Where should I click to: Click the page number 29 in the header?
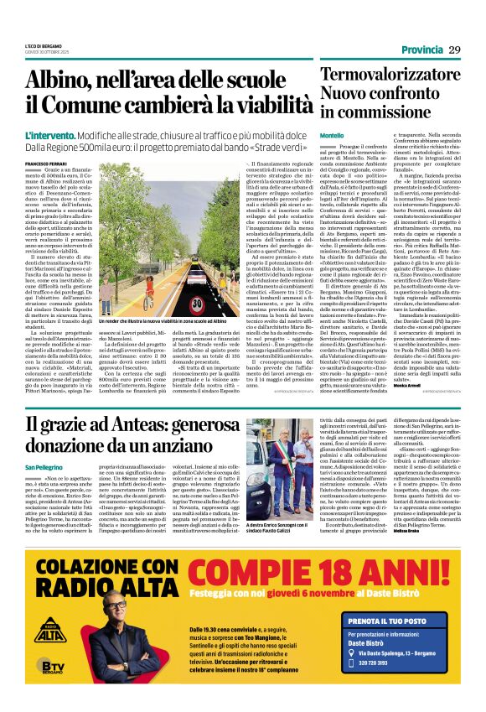pyautogui.click(x=454, y=50)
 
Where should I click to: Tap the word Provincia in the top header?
pyautogui.click(x=421, y=51)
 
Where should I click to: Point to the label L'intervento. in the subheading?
pyautogui.click(x=49, y=135)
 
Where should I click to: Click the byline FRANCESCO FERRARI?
pyautogui.click(x=45, y=163)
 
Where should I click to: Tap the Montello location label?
pyautogui.click(x=332, y=135)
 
